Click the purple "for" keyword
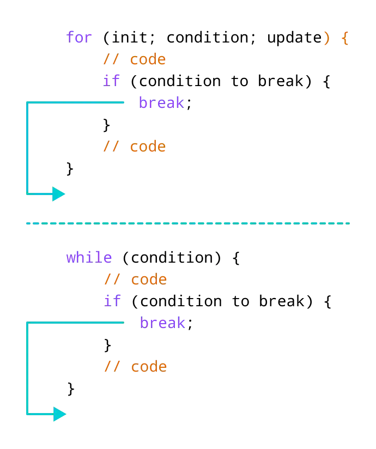tap(80, 38)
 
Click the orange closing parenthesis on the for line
tap(326, 39)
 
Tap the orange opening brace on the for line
tap(344, 39)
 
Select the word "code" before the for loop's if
tap(148, 59)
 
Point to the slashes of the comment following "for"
tap(111, 59)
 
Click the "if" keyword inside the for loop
tap(111, 81)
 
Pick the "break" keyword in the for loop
tap(162, 102)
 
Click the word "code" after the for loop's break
tap(148, 147)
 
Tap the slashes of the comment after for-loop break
tap(111, 147)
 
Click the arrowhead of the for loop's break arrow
tap(59, 193)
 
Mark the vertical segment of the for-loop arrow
tap(28, 147)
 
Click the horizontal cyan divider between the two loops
tap(189, 224)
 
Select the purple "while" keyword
tap(89, 258)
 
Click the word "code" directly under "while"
tap(150, 280)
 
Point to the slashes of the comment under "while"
tap(113, 280)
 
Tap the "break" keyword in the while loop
tap(162, 323)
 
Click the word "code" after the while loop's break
tap(150, 367)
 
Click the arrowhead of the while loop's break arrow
tap(60, 414)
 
